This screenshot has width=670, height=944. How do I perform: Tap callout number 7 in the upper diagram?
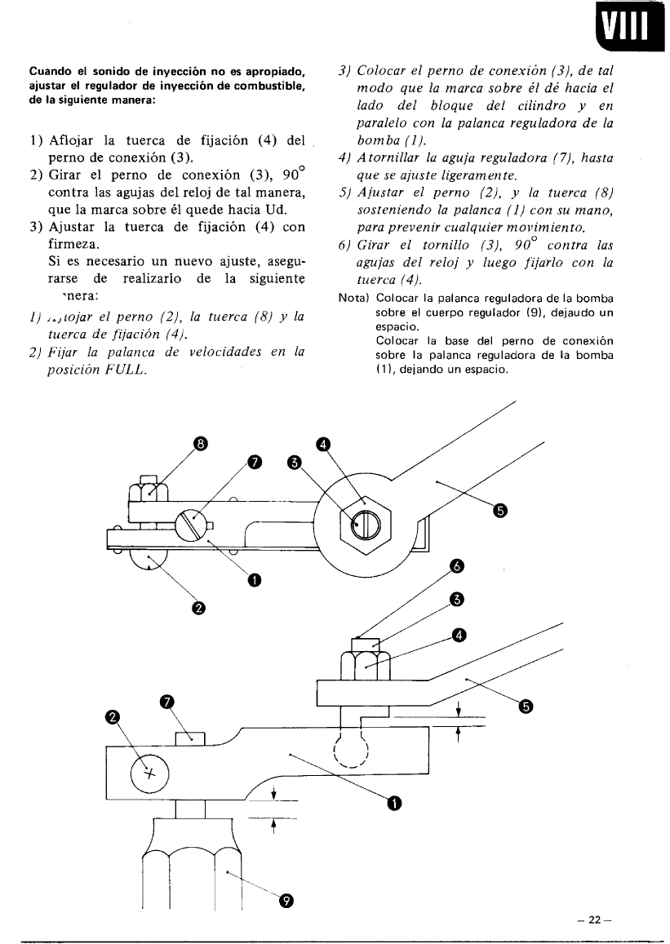[x=254, y=463]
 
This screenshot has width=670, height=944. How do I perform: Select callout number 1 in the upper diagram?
[x=255, y=580]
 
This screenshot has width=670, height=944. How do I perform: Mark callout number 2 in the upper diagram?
[x=198, y=607]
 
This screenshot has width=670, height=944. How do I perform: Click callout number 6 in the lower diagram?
[x=457, y=567]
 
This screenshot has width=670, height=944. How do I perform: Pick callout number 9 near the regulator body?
[x=285, y=901]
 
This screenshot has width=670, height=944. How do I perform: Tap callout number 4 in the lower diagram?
[x=458, y=635]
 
